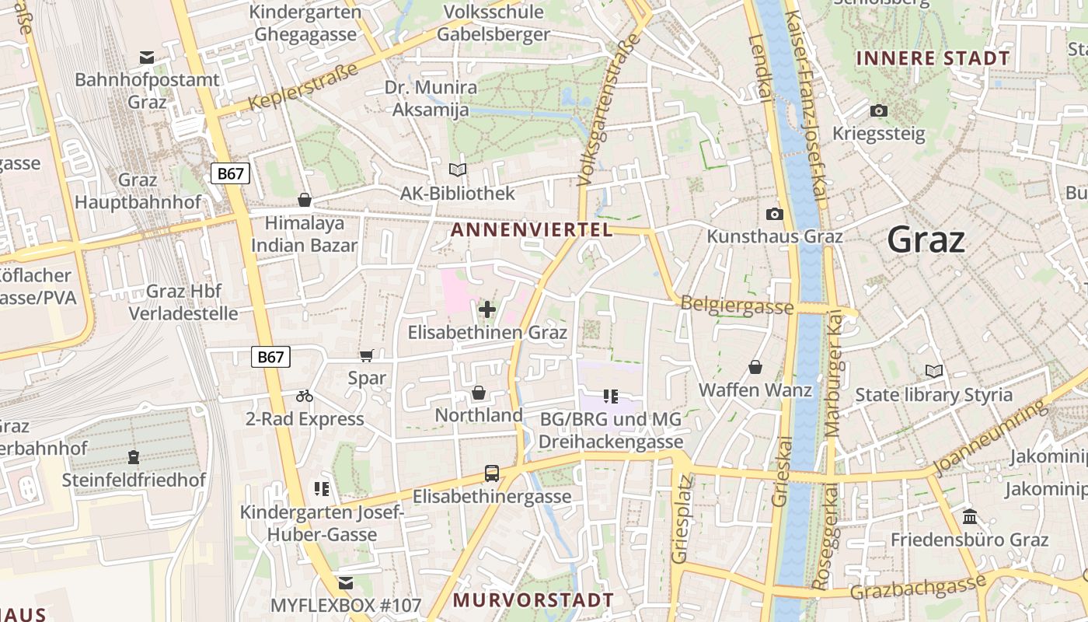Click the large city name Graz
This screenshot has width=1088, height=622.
pos(926,239)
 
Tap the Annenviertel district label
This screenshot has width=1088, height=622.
pos(532,229)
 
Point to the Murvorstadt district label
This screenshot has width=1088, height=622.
pos(533,600)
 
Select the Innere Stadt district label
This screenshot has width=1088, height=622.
pos(933,58)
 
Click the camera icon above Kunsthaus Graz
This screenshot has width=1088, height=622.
pos(774,214)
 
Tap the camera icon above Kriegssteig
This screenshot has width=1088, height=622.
pos(879,110)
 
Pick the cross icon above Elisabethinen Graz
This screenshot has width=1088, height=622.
pos(487,310)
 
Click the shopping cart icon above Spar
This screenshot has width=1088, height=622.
pos(367,356)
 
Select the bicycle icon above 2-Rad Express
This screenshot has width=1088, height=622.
pos(305,396)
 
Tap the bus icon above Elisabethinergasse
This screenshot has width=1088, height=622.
pos(491,473)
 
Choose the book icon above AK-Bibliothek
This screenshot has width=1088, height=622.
pos(458,169)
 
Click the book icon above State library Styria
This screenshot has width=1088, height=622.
pos(933,372)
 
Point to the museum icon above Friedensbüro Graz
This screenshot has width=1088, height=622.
pos(970,516)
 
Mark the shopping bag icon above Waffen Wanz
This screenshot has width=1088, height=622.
pos(755,367)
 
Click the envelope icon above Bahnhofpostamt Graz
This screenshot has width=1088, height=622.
pos(147,57)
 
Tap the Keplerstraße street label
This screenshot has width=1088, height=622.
pos(304,86)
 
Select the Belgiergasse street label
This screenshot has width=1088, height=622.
pos(737,305)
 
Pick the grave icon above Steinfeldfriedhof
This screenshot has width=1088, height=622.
pos(134,457)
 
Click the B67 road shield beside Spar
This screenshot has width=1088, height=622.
pos(270,357)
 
